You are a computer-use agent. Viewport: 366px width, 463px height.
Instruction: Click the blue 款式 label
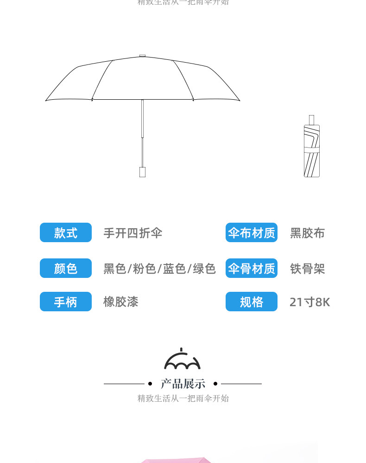click(x=66, y=232)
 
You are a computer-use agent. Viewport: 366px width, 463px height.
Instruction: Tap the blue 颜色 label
click(x=66, y=268)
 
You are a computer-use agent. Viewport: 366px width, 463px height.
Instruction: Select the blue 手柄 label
click(x=66, y=302)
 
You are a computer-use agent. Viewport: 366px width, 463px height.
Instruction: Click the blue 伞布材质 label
click(x=252, y=232)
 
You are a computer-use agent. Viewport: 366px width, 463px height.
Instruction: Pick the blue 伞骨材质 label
click(x=252, y=268)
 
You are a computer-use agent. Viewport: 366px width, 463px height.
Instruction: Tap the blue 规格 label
click(x=252, y=302)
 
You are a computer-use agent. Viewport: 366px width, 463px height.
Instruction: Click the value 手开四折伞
click(x=133, y=233)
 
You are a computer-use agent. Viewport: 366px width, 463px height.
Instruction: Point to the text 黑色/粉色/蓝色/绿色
click(x=159, y=269)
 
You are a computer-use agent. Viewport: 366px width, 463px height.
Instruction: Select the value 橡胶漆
click(x=121, y=302)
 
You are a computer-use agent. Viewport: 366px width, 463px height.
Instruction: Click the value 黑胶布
click(x=308, y=233)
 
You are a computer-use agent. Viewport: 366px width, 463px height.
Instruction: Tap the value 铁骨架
click(x=308, y=269)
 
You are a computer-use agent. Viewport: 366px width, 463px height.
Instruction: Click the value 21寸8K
click(x=309, y=302)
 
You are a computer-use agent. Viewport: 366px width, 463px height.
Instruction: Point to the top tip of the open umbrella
click(x=142, y=56)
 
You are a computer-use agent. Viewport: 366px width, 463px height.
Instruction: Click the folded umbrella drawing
click(x=312, y=151)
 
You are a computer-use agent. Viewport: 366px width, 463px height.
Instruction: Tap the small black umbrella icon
click(x=183, y=359)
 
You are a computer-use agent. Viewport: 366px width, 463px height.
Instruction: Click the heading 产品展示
click(x=183, y=384)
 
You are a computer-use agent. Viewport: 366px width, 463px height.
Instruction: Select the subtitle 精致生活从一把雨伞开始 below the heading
click(x=183, y=398)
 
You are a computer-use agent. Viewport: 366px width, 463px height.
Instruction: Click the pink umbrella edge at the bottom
click(x=176, y=460)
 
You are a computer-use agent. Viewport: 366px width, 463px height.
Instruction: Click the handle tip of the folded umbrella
click(x=312, y=119)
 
